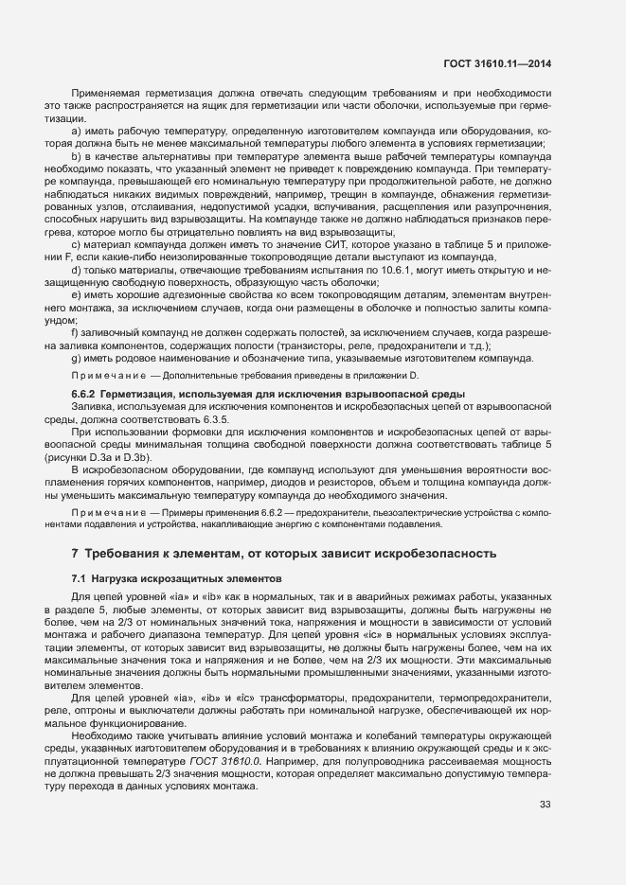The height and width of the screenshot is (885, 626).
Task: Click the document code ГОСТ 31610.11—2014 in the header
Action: tap(498, 64)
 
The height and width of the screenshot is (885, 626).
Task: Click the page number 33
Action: tap(545, 805)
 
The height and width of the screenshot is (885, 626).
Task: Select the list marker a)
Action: tap(76, 131)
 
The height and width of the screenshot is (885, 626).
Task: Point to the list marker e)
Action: tap(76, 295)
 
